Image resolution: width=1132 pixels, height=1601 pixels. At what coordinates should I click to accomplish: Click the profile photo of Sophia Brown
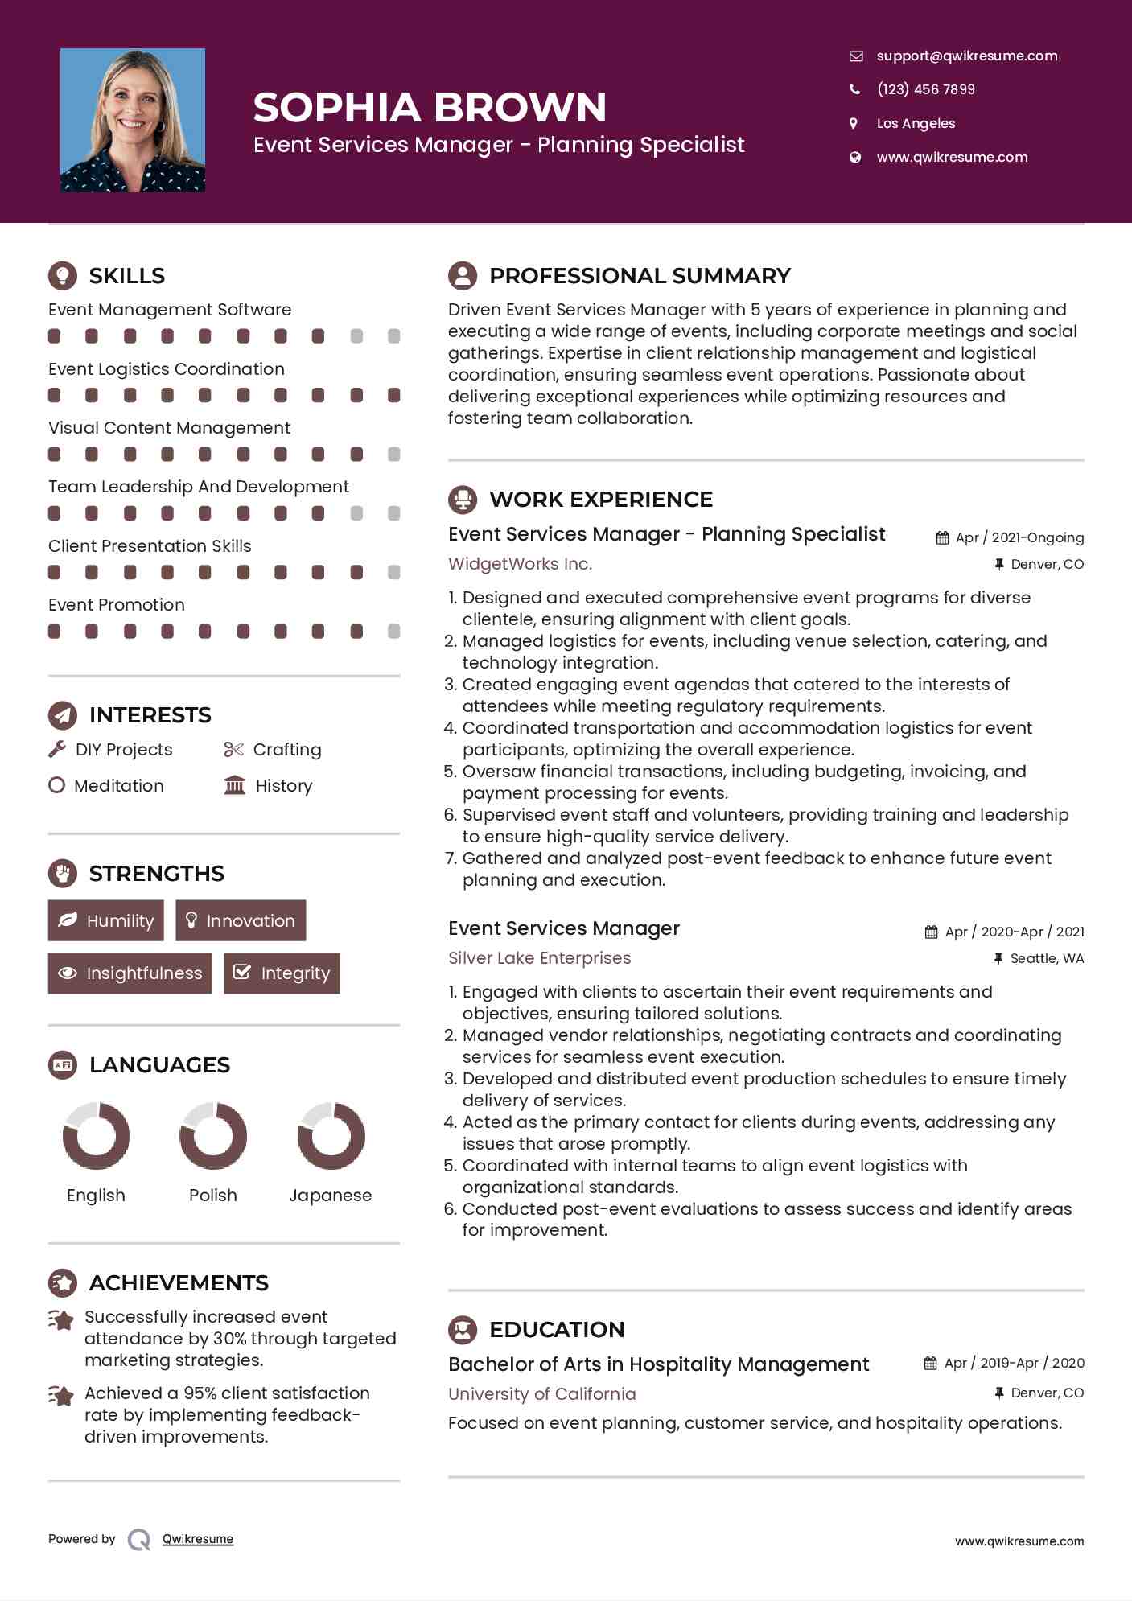133,120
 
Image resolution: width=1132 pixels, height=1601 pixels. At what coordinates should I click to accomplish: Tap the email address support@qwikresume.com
966,56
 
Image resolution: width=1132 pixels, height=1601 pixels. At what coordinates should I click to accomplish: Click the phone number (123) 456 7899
925,89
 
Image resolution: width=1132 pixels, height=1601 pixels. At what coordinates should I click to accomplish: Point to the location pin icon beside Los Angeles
854,123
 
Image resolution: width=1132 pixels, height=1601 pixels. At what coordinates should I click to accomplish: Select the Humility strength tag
105,920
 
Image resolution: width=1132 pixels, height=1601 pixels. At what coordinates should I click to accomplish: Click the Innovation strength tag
241,920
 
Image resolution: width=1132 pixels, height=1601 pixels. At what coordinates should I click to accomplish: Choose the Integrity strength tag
282,973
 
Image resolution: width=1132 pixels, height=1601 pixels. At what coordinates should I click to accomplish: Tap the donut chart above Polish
213,1135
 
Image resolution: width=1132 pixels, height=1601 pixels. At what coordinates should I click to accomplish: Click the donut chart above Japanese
331,1135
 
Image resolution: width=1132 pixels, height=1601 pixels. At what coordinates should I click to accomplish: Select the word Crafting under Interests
287,750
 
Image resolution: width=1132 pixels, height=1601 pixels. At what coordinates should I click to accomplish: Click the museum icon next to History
234,785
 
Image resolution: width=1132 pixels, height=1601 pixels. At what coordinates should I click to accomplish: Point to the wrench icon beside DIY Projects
57,750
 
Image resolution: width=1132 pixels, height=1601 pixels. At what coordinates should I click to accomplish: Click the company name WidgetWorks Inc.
520,564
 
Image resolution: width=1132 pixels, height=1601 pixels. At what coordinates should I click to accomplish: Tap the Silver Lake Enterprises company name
539,958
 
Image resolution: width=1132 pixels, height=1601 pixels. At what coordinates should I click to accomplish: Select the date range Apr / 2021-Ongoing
1019,537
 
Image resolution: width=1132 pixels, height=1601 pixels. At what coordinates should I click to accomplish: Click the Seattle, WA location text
1047,958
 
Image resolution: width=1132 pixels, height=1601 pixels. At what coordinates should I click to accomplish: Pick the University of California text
541,1394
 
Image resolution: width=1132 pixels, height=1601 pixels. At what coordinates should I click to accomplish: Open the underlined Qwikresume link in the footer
198,1539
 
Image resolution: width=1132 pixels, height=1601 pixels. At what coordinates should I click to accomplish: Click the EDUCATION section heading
557,1330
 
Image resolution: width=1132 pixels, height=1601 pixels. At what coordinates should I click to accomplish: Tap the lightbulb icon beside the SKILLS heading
63,275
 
